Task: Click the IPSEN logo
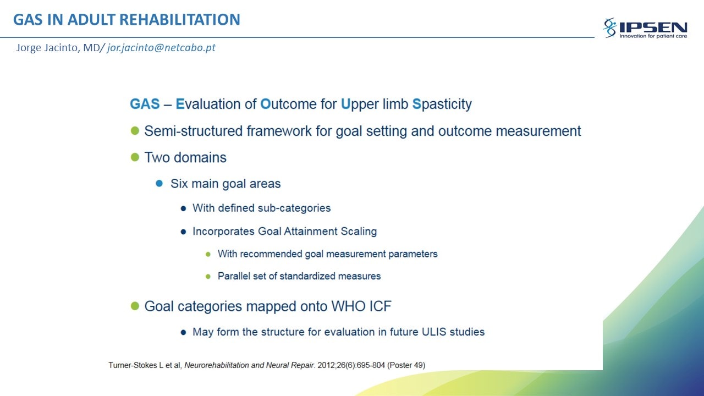coord(645,28)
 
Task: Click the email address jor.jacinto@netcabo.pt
coord(161,47)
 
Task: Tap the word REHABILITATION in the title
coord(180,19)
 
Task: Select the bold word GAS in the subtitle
coord(145,104)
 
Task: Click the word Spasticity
coord(442,105)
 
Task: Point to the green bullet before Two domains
coord(135,157)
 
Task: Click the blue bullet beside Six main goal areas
coord(159,183)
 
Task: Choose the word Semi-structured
coord(193,131)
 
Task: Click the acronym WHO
coord(348,306)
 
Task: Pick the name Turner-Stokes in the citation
coord(133,365)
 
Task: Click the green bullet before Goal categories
coord(135,306)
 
